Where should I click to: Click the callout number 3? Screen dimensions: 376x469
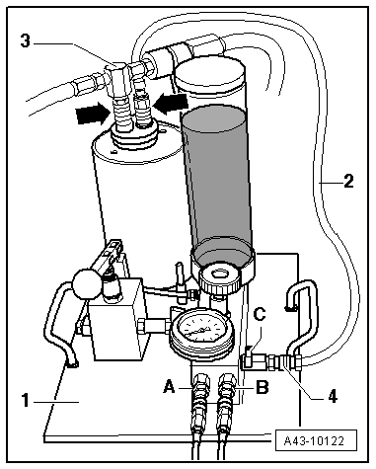pyautogui.click(x=25, y=41)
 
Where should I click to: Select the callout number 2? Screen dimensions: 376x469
pyautogui.click(x=348, y=181)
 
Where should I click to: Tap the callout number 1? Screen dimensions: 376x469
pyautogui.click(x=25, y=401)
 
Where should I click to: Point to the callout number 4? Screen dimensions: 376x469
pyautogui.click(x=333, y=396)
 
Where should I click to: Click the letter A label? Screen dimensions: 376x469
pyautogui.click(x=169, y=386)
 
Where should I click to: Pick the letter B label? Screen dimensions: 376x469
pyautogui.click(x=262, y=387)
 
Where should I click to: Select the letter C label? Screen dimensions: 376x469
pyautogui.click(x=260, y=314)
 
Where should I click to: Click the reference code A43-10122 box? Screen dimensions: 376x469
pyautogui.click(x=315, y=440)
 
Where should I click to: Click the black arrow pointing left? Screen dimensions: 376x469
pyautogui.click(x=171, y=103)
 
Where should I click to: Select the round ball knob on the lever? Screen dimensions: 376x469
pyautogui.click(x=85, y=283)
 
